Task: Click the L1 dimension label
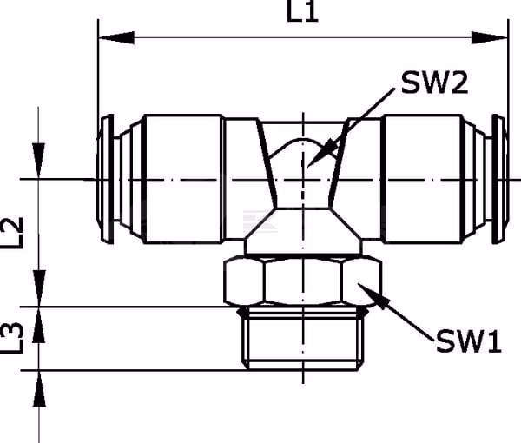pyautogui.click(x=302, y=11)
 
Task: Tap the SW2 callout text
pyautogui.click(x=434, y=83)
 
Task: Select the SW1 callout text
pyautogui.click(x=469, y=341)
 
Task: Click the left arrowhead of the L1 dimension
pyautogui.click(x=116, y=37)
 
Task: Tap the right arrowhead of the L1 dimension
pyautogui.click(x=490, y=37)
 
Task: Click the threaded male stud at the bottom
pyautogui.click(x=303, y=338)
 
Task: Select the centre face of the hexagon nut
pyautogui.click(x=303, y=281)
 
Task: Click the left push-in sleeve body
pyautogui.click(x=182, y=179)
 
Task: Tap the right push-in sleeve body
pyautogui.click(x=423, y=179)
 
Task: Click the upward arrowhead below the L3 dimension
pyautogui.click(x=39, y=388)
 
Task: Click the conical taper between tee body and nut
pyautogui.click(x=303, y=231)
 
